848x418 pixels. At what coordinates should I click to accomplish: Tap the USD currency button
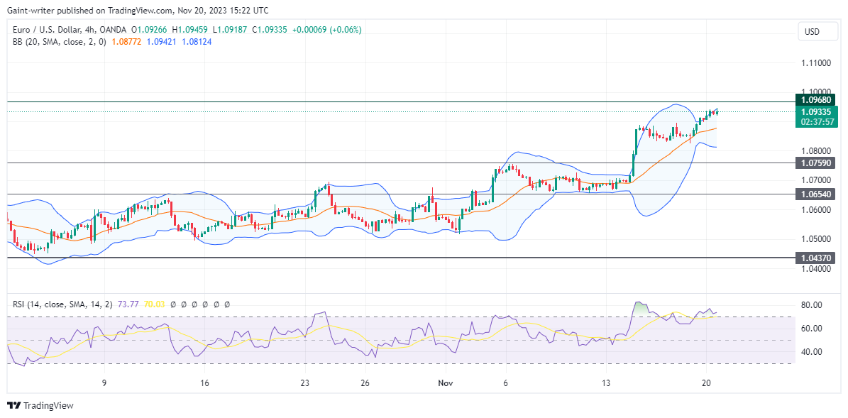[x=812, y=32]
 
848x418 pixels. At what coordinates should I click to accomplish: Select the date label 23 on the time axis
[x=304, y=383]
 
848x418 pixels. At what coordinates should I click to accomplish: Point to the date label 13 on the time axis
[x=606, y=383]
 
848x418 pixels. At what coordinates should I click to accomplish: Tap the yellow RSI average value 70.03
[x=155, y=304]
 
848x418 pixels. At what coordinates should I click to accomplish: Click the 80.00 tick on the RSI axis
[x=812, y=305]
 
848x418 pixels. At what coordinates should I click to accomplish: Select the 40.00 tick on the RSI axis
[x=812, y=352]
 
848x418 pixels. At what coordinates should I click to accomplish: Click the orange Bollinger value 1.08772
[x=126, y=42]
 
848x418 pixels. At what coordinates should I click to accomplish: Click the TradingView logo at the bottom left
[x=40, y=405]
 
